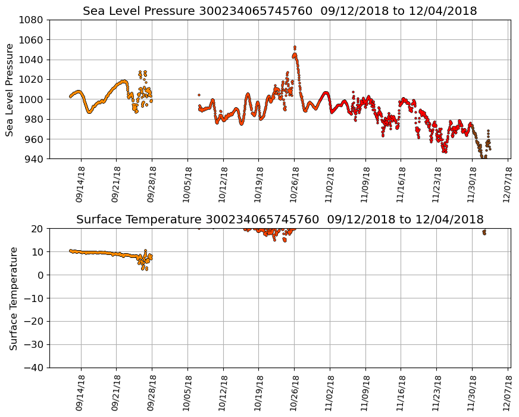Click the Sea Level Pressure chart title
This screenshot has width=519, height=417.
point(280,11)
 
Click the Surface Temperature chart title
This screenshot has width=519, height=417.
point(280,219)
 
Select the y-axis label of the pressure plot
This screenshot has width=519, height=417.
point(10,89)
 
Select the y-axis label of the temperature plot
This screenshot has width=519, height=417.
point(12,298)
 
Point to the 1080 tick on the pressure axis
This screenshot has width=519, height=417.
point(30,20)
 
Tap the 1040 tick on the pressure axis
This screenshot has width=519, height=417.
point(30,60)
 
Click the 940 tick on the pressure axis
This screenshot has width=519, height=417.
point(33,159)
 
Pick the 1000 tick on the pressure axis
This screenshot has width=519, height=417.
point(30,99)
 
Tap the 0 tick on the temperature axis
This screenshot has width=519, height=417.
point(41,275)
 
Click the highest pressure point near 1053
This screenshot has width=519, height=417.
point(295,47)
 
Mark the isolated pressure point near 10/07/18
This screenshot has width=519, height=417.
point(199,95)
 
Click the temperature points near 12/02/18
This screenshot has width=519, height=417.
point(484,232)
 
